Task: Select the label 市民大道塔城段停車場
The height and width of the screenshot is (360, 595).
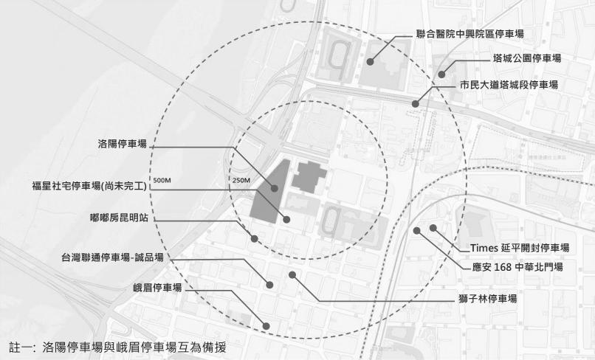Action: [509, 85]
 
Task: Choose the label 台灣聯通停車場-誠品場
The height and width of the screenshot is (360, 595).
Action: [112, 258]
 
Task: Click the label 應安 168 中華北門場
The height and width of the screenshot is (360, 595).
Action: [518, 266]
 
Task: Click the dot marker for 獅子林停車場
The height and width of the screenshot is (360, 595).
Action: [292, 274]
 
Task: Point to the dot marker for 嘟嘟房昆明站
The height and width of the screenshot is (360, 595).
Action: [254, 238]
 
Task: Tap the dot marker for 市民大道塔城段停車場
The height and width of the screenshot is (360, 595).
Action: [416, 104]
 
